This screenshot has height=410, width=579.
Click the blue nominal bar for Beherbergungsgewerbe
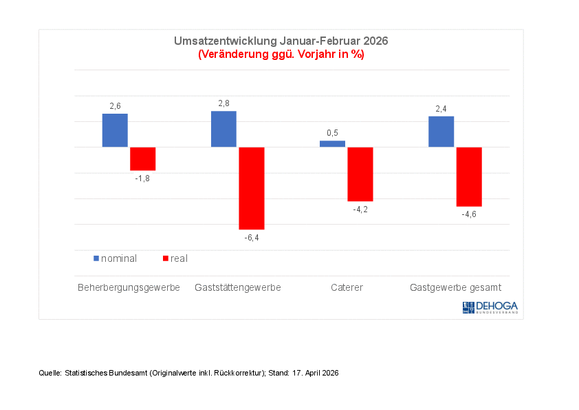115,130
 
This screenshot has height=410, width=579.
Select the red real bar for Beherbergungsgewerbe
143,158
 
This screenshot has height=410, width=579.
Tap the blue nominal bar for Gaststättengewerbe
223,129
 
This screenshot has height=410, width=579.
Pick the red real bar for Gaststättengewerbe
252,187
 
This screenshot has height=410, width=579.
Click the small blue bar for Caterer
332,143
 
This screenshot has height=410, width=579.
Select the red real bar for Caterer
360,174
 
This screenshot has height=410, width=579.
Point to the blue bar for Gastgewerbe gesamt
441,132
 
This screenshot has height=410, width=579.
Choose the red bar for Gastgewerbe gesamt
469,176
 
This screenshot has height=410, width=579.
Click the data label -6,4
252,238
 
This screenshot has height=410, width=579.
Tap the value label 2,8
223,103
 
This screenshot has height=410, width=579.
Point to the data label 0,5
332,133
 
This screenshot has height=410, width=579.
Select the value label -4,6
469,214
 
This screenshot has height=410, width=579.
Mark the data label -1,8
143,178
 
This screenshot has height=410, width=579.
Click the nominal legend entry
116,258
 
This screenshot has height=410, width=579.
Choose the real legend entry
175,258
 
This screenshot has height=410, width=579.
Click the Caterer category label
347,287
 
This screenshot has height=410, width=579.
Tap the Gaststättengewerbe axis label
238,287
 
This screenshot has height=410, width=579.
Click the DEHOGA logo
490,307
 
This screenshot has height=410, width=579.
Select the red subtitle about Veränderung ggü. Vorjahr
281,54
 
